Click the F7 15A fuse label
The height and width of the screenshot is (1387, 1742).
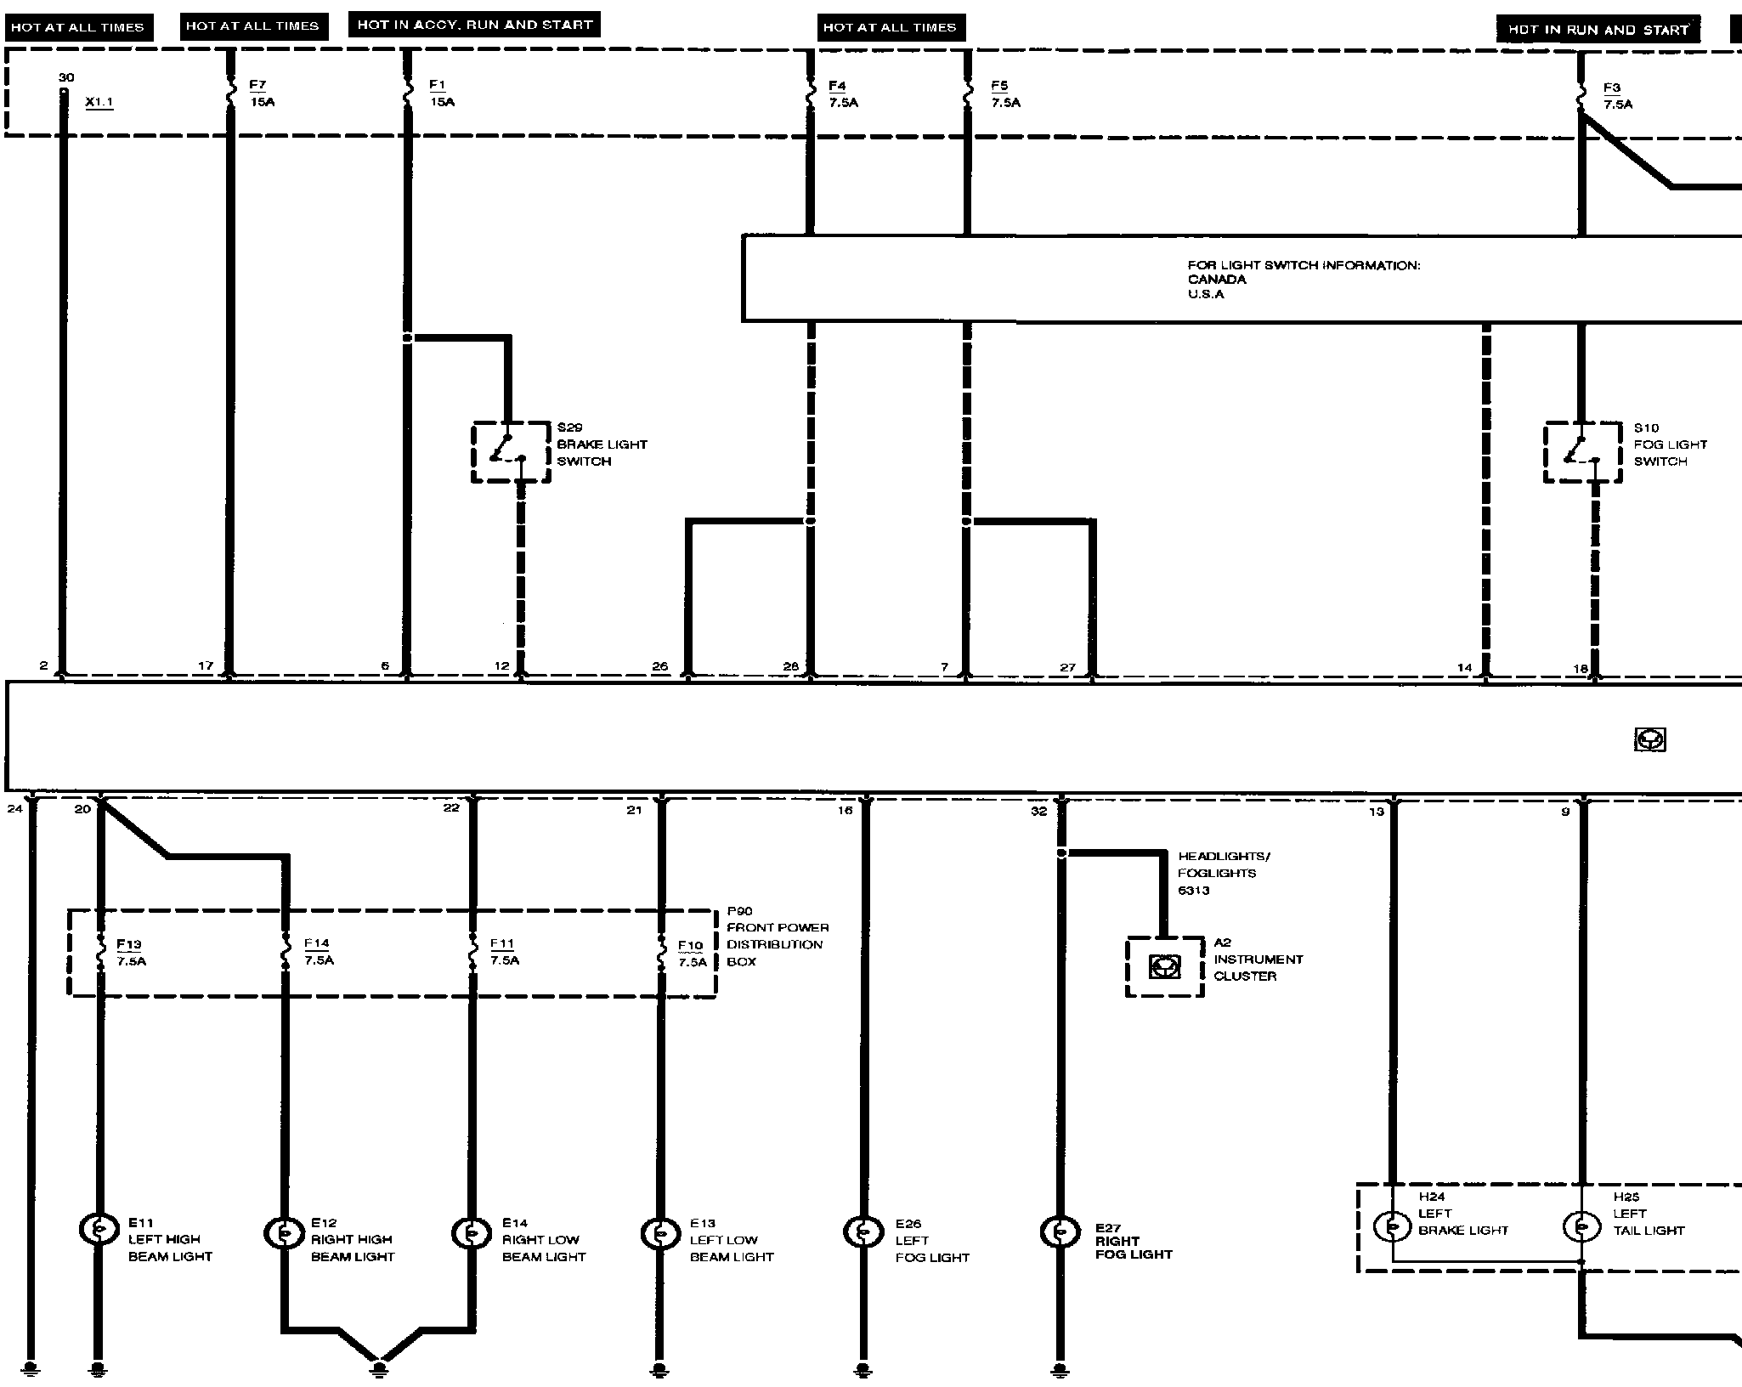[x=261, y=93]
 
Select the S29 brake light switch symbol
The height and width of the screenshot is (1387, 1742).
[x=511, y=451]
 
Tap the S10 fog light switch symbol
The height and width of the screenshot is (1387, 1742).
[x=1582, y=451]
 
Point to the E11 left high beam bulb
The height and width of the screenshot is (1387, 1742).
[x=99, y=1228]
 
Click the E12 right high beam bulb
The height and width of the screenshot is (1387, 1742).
[x=286, y=1231]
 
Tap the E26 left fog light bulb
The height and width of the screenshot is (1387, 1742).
[x=863, y=1231]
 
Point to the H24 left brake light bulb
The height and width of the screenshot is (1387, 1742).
[x=1393, y=1226]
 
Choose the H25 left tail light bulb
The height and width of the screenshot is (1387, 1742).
[x=1581, y=1226]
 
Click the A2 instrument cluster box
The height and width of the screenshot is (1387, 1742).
[x=1164, y=966]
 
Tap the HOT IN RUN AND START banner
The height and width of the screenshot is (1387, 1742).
[x=1598, y=30]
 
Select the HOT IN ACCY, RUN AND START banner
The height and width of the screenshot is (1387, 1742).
[x=474, y=25]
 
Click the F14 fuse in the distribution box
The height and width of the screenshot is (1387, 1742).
[x=286, y=952]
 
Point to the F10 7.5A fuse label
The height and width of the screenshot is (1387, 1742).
[x=692, y=954]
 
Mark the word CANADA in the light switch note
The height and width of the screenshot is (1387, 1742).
[x=1217, y=280]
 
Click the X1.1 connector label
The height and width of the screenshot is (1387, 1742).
[x=99, y=102]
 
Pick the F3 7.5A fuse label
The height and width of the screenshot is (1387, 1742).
[x=1617, y=96]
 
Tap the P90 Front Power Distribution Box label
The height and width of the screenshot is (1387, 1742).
[x=777, y=936]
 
